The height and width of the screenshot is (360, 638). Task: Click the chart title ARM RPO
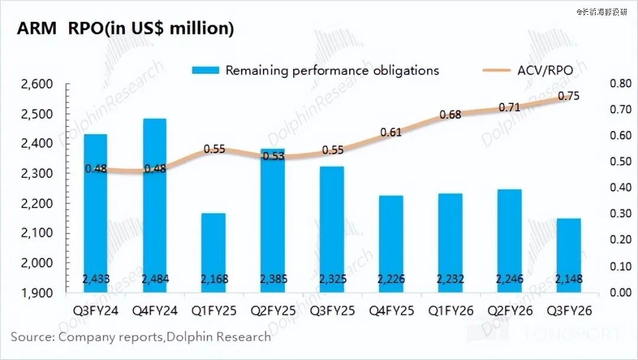pyautogui.click(x=125, y=28)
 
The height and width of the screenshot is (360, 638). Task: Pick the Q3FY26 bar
pyautogui.click(x=568, y=254)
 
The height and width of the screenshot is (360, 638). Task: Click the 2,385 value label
pyautogui.click(x=272, y=280)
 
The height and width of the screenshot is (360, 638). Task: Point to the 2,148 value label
pyautogui.click(x=568, y=280)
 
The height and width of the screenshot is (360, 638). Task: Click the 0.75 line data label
pyautogui.click(x=568, y=96)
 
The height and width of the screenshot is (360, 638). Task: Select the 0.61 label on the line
pyautogui.click(x=391, y=132)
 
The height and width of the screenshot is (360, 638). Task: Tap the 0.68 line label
pyautogui.click(x=450, y=115)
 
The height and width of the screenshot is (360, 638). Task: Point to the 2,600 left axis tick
pyautogui.click(x=37, y=84)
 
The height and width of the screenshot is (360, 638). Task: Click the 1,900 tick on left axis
pyautogui.click(x=37, y=293)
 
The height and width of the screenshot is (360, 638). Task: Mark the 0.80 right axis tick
pyautogui.click(x=620, y=84)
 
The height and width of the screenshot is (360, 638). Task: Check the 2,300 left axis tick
pyautogui.click(x=37, y=174)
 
